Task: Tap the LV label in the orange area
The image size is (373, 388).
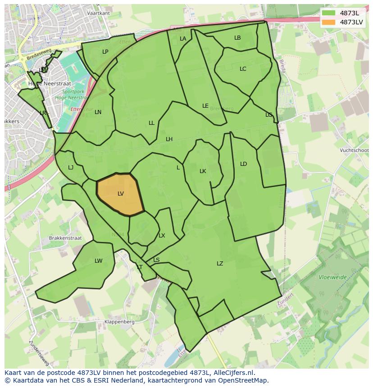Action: (x=121, y=194)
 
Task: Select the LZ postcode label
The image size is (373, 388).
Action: (x=220, y=264)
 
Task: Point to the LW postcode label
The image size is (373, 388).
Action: (x=99, y=261)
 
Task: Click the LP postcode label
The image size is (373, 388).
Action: (x=105, y=52)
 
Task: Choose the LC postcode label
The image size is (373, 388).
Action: (x=243, y=69)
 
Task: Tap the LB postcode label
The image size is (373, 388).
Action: (x=237, y=38)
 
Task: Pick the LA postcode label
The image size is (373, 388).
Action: (x=183, y=39)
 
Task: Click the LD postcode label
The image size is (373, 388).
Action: (x=244, y=164)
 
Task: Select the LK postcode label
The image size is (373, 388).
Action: (x=203, y=171)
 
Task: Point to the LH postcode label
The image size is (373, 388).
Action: (x=169, y=139)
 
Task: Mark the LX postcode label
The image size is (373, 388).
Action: (x=162, y=236)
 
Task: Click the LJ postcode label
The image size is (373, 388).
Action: (x=71, y=168)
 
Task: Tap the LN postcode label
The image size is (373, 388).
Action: (x=98, y=112)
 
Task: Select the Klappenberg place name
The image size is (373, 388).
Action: (x=119, y=322)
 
